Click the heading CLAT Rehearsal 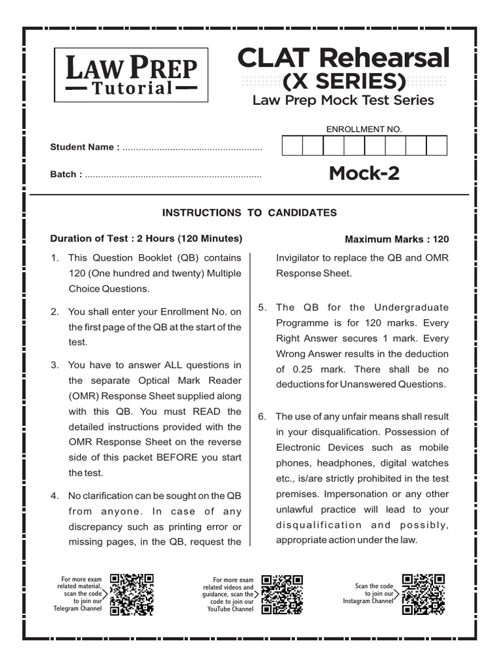(343, 59)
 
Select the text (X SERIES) (343, 82)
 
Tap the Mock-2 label (364, 173)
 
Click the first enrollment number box (292, 146)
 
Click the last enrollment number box (436, 146)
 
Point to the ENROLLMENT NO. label (364, 129)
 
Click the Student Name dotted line (192, 149)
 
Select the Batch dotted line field (173, 176)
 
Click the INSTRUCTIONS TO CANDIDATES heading (249, 212)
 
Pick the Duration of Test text (146, 238)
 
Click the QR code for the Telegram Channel (132, 595)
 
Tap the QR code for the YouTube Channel (283, 595)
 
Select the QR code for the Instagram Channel (424, 595)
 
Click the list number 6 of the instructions (262, 416)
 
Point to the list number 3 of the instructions (55, 365)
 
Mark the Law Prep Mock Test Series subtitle (343, 100)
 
